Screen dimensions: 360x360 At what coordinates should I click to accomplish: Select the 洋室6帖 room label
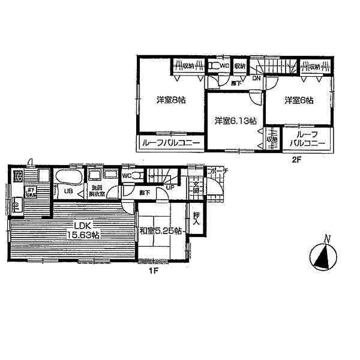[298, 100]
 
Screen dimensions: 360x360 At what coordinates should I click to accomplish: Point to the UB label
[69, 191]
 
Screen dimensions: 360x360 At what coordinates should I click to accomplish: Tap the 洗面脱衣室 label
[97, 191]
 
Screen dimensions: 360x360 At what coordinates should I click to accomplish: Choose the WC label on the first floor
[126, 176]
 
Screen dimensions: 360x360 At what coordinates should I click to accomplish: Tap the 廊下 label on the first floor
[145, 193]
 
